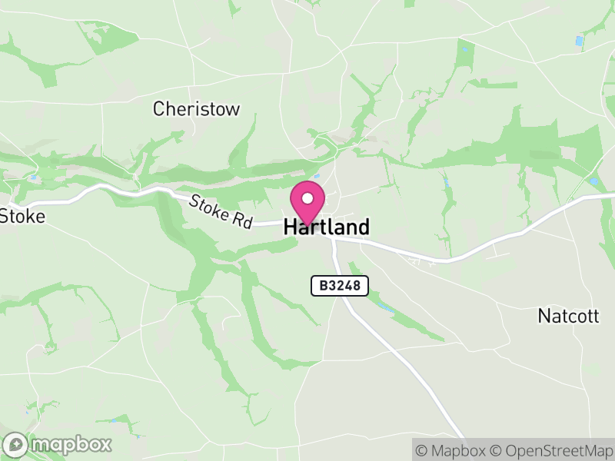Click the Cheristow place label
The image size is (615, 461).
pyautogui.click(x=196, y=109)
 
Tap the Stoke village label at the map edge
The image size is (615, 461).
pyautogui.click(x=22, y=216)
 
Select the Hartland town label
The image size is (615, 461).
pyautogui.click(x=327, y=227)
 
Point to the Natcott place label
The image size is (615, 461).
pyautogui.click(x=568, y=316)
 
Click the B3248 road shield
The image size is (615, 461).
pyautogui.click(x=340, y=286)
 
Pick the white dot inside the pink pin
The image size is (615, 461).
pyautogui.click(x=307, y=198)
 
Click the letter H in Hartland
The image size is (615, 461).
pyautogui.click(x=291, y=227)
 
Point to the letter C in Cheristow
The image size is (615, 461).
pyautogui.click(x=159, y=109)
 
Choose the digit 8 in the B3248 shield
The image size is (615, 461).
pyautogui.click(x=361, y=286)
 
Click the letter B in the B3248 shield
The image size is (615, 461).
pyautogui.click(x=324, y=286)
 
